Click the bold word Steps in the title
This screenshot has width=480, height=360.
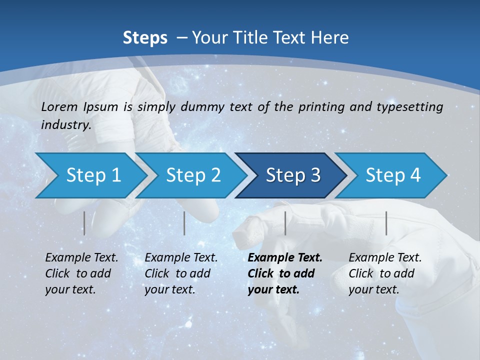[x=145, y=38]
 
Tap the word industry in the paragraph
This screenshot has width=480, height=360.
[x=65, y=125]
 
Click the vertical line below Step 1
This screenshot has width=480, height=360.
[x=84, y=223]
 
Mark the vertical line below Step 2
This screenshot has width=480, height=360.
[x=184, y=223]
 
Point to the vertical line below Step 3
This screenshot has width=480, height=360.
[x=285, y=223]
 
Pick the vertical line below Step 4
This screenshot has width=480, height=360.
[x=386, y=223]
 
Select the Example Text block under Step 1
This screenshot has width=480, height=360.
[x=81, y=273]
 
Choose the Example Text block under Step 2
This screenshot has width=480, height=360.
[x=181, y=273]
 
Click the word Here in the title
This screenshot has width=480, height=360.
[x=332, y=38]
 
